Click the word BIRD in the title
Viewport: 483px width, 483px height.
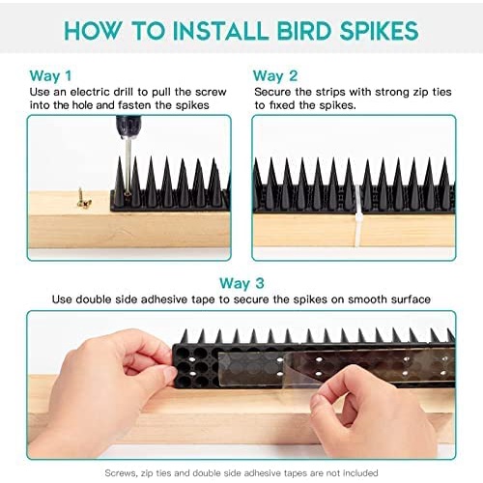pos(304,31)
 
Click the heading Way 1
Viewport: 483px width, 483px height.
pos(50,76)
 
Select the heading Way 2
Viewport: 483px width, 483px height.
pos(275,76)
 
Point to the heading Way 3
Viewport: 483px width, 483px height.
pos(241,283)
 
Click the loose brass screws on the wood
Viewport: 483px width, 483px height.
pos(83,198)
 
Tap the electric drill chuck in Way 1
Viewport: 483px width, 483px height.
pos(128,127)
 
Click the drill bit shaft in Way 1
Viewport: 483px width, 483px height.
pos(128,164)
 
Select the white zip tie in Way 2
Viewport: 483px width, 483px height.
pos(358,215)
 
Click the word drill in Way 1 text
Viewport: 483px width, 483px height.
pos(123,92)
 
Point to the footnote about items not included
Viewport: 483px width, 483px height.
pos(241,473)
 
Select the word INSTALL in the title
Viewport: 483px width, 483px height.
pos(220,31)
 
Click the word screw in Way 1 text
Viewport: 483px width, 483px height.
pos(211,92)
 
